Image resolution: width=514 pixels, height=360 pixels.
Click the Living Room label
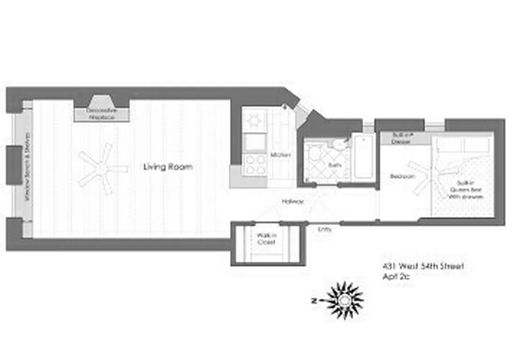pyautogui.click(x=168, y=167)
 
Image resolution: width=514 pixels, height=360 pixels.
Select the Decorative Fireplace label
pyautogui.click(x=101, y=114)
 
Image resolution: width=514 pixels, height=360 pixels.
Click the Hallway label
pyautogui.click(x=292, y=202)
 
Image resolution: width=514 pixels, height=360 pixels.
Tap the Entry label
pyautogui.click(x=325, y=229)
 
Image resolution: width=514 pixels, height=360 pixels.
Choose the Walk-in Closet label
pyautogui.click(x=266, y=238)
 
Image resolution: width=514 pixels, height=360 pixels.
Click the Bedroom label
pyautogui.click(x=402, y=176)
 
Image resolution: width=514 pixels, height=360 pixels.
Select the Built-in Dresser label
pyautogui.click(x=401, y=138)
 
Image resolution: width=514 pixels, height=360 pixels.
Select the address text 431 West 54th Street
pyautogui.click(x=422, y=266)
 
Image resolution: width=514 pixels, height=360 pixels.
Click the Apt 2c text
pyautogui.click(x=396, y=277)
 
